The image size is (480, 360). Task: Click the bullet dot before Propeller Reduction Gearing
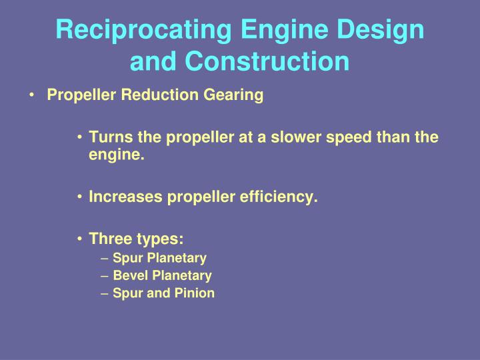coord(33,96)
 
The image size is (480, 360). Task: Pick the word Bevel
coord(129,275)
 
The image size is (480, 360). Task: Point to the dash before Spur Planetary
coord(106,258)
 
